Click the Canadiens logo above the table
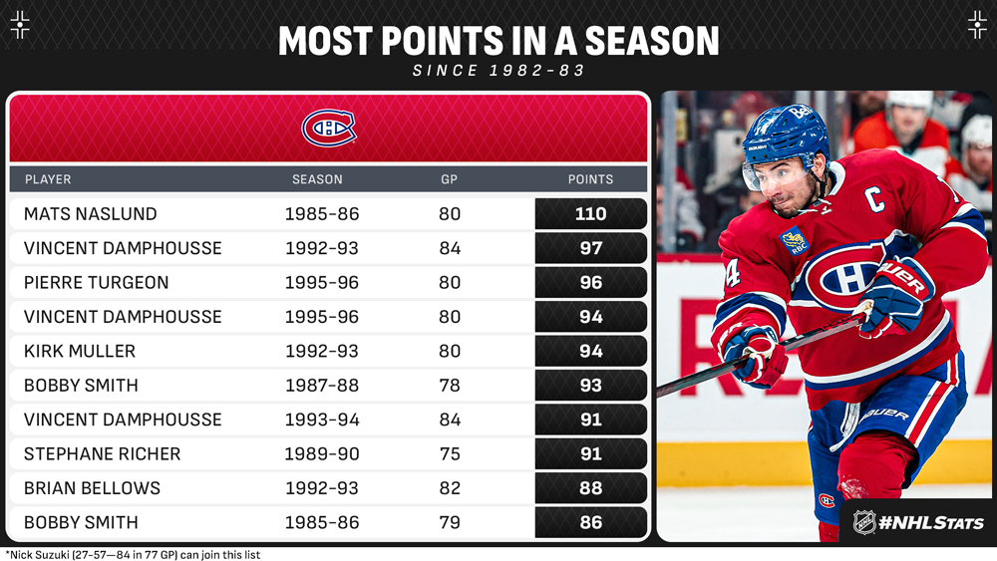tap(328, 129)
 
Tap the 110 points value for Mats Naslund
tap(590, 214)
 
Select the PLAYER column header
tap(48, 179)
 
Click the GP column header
tap(450, 179)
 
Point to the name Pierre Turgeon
tap(96, 283)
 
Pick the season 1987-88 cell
tap(322, 386)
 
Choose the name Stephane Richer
tap(102, 454)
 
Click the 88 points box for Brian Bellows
tap(590, 488)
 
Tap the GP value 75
tap(450, 454)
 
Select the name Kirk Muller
tap(80, 352)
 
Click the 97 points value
tap(590, 248)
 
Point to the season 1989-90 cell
tap(322, 454)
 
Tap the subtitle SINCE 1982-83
tap(498, 72)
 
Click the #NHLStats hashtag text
tap(933, 522)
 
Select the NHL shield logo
tap(864, 521)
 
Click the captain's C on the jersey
tap(875, 200)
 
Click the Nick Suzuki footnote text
tap(133, 554)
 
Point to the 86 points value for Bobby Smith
tap(590, 523)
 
